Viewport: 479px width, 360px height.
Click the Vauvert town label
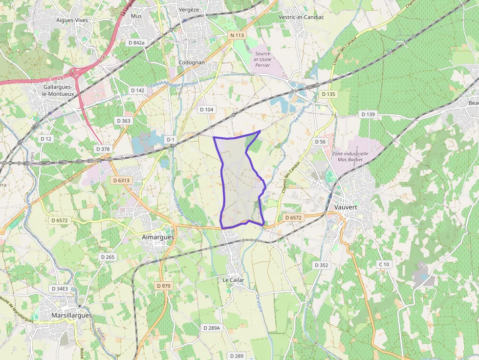pyautogui.click(x=346, y=207)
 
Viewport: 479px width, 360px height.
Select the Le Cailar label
pyautogui.click(x=233, y=280)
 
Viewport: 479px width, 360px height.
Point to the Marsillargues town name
pyautogui.click(x=71, y=316)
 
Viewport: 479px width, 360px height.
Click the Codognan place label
pyautogui.click(x=192, y=63)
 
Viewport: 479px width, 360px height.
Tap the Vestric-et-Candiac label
pyautogui.click(x=301, y=17)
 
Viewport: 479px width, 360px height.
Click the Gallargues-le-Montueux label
pyautogui.click(x=59, y=90)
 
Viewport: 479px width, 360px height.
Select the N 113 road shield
pyautogui.click(x=237, y=36)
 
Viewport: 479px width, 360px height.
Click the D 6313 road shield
pyautogui.click(x=121, y=180)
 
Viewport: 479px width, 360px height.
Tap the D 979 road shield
pyautogui.click(x=165, y=285)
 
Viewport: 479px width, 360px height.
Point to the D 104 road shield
pyautogui.click(x=207, y=109)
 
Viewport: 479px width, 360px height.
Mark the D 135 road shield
pyautogui.click(x=328, y=94)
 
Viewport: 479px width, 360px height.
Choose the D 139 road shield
pyautogui.click(x=368, y=114)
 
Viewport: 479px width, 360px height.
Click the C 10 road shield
pyautogui.click(x=384, y=264)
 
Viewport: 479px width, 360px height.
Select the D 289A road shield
pyautogui.click(x=212, y=328)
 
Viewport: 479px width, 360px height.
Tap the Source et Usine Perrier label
pyautogui.click(x=262, y=59)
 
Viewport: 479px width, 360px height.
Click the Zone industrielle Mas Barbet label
pyautogui.click(x=349, y=156)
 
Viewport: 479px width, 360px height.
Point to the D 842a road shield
pyautogui.click(x=136, y=43)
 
